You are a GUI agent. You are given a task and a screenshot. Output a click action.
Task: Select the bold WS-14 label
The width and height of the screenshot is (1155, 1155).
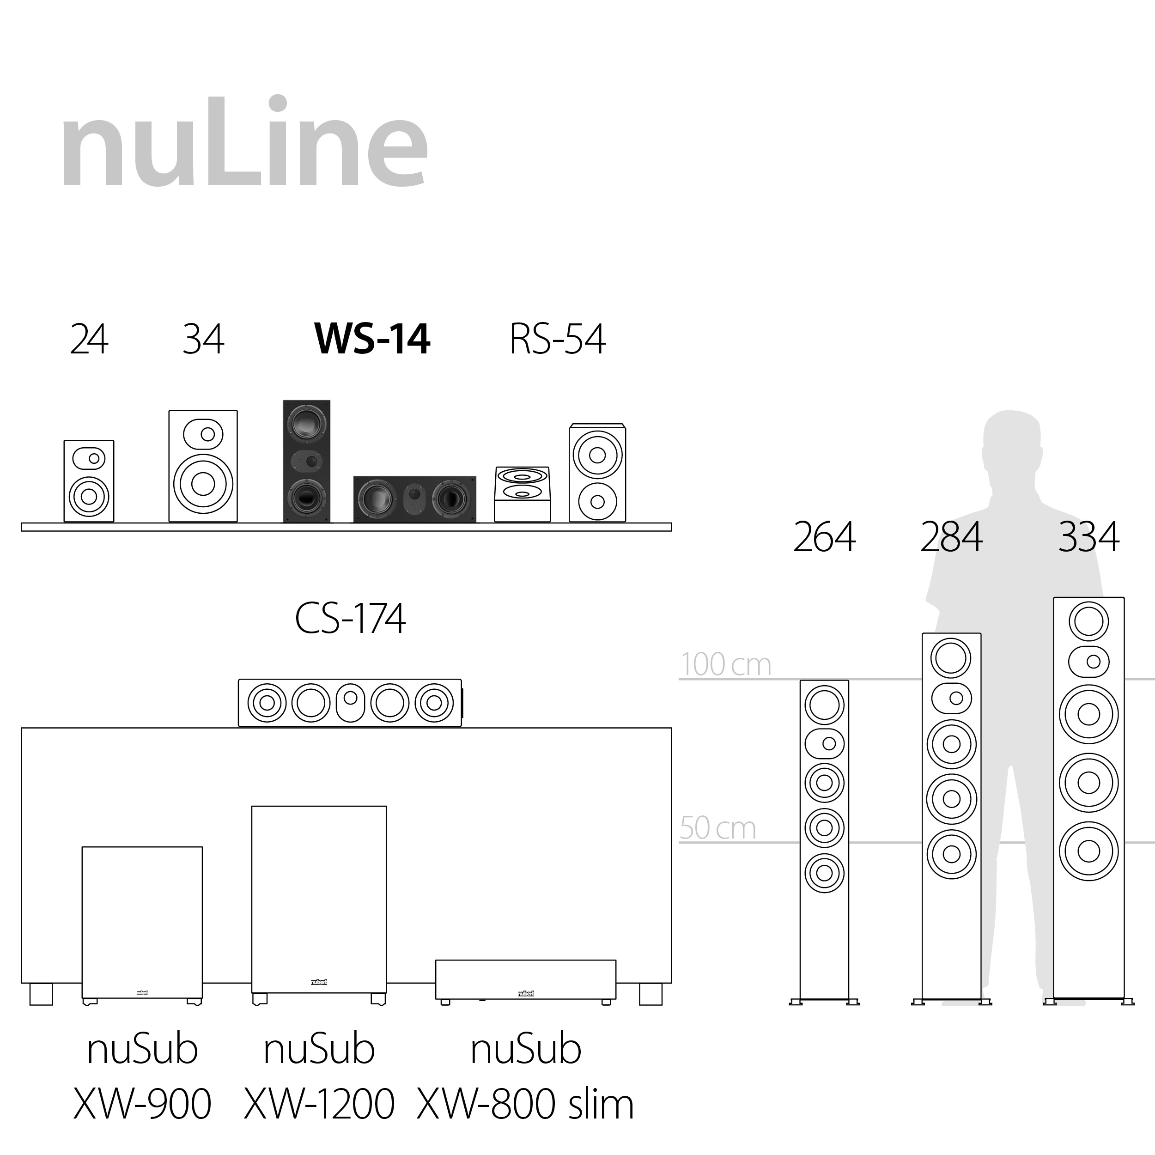372,340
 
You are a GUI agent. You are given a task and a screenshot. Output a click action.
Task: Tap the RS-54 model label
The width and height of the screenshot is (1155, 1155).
557,340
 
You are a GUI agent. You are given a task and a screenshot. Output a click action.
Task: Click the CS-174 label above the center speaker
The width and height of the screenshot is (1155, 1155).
350,619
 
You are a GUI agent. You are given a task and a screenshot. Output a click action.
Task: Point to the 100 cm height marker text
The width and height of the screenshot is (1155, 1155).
726,665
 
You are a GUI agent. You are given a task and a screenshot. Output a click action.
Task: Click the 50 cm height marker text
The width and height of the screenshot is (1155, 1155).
717,828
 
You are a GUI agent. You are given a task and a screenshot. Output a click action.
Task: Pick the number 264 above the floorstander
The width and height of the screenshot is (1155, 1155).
824,537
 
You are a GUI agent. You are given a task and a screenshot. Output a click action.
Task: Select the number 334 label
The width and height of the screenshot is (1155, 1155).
1088,537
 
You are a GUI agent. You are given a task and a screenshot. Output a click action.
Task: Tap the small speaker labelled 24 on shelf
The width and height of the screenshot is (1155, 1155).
89,481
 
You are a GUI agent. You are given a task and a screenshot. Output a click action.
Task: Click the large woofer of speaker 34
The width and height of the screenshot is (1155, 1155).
203,484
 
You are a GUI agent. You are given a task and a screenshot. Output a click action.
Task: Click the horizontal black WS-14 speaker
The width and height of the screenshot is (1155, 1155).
414,499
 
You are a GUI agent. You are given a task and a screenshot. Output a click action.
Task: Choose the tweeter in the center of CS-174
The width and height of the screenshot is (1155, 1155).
350,698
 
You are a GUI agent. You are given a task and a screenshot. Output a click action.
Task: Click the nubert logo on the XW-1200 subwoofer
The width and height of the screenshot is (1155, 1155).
319,982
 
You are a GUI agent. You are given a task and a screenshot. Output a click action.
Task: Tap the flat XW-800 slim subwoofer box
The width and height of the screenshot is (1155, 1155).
525,980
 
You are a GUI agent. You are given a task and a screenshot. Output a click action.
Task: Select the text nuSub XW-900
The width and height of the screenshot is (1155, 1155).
142,1076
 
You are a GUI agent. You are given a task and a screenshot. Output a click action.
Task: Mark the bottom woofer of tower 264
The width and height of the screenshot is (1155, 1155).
824,873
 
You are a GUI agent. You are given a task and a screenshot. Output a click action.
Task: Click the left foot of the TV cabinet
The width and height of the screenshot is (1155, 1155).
41,995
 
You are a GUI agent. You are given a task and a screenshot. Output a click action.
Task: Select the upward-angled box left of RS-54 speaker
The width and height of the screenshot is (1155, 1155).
522,494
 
